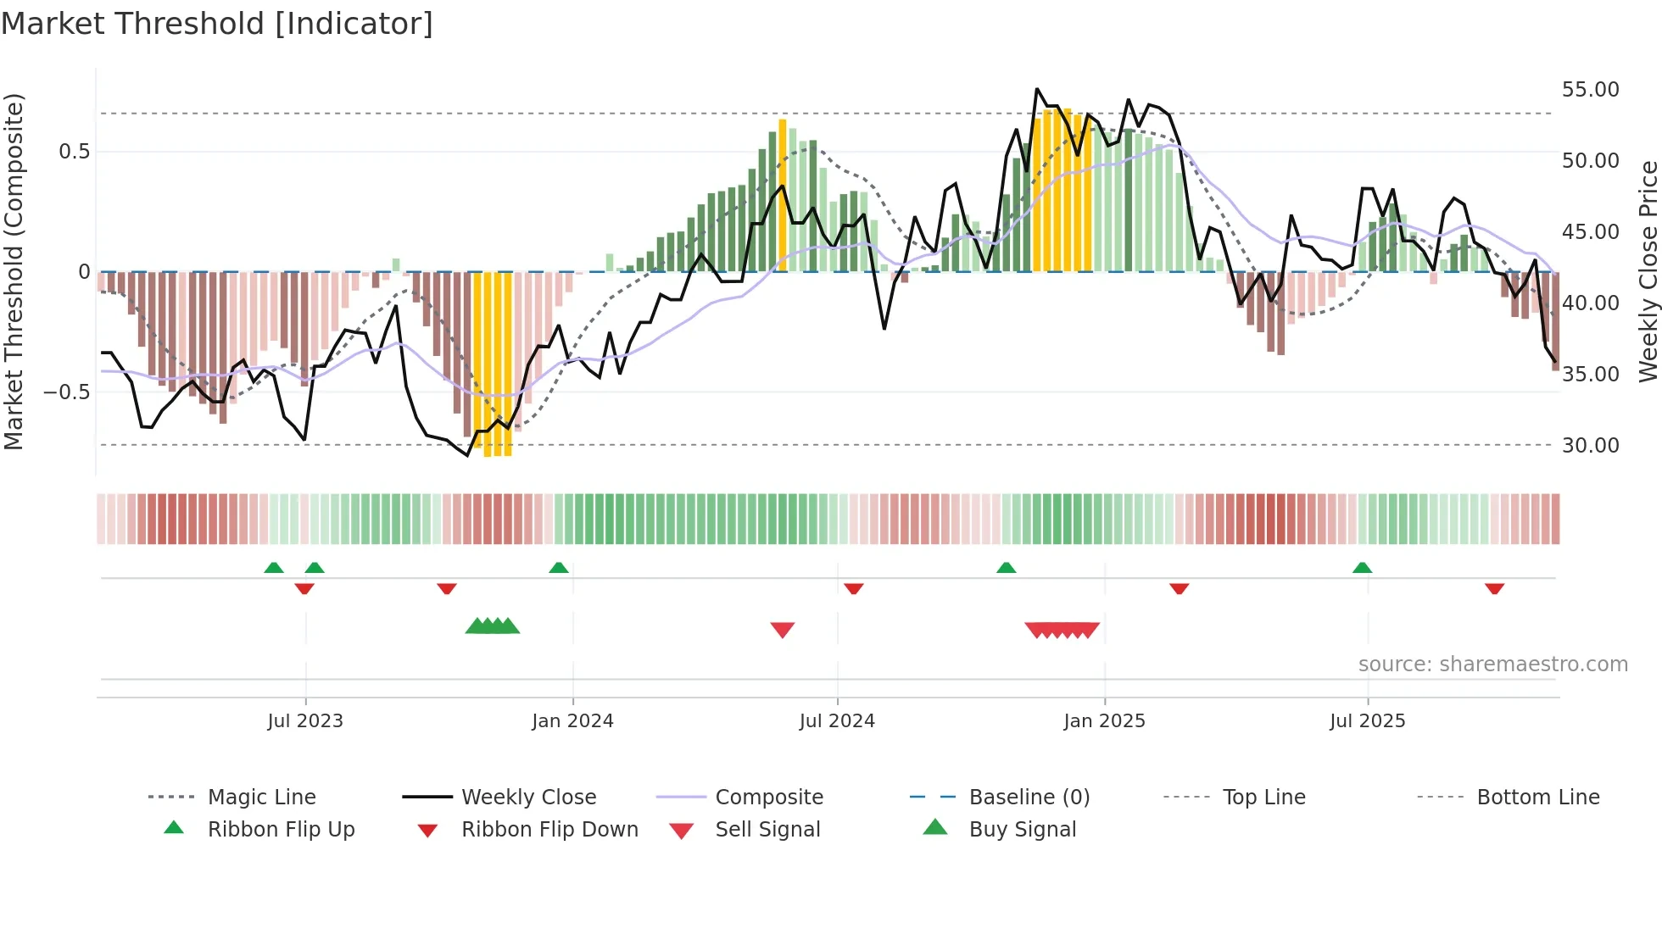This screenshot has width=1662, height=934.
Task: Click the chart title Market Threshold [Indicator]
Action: (217, 24)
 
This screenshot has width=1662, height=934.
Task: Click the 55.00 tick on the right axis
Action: (1590, 90)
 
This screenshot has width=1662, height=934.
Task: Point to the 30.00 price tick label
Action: (1590, 446)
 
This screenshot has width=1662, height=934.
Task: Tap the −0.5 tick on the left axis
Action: (66, 392)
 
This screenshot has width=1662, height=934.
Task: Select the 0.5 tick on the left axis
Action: (74, 152)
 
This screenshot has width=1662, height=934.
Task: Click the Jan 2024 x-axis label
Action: (572, 721)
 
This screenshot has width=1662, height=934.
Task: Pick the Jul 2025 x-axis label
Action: (1367, 721)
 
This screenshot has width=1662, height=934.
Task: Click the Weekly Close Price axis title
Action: (1648, 271)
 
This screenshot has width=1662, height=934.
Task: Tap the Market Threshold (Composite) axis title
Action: (14, 271)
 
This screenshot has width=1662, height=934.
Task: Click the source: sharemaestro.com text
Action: (1492, 664)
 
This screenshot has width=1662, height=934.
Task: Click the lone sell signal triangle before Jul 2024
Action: (782, 630)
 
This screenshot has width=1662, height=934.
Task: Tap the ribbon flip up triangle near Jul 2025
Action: (1362, 568)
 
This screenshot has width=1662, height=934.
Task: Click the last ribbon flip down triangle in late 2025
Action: (1494, 588)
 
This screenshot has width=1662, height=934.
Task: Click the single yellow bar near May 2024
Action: (783, 195)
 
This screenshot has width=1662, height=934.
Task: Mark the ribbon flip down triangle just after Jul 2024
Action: (853, 588)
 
